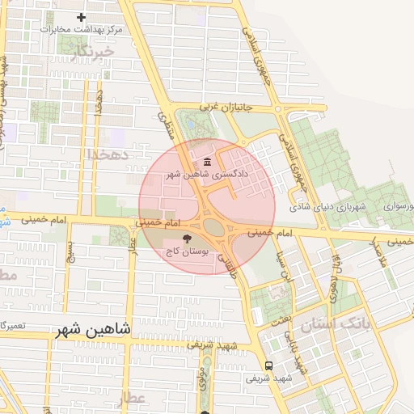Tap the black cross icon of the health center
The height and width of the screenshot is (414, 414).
coord(80,17)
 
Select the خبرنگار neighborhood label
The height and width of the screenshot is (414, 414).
coord(87,53)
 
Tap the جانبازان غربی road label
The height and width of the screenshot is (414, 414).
coord(222,105)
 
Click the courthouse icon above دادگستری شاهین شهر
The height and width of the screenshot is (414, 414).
coord(208,160)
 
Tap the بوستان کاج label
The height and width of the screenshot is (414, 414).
coord(187,252)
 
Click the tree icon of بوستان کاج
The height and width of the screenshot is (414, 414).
coord(188,239)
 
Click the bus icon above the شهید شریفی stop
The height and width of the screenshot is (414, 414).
coord(269,365)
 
